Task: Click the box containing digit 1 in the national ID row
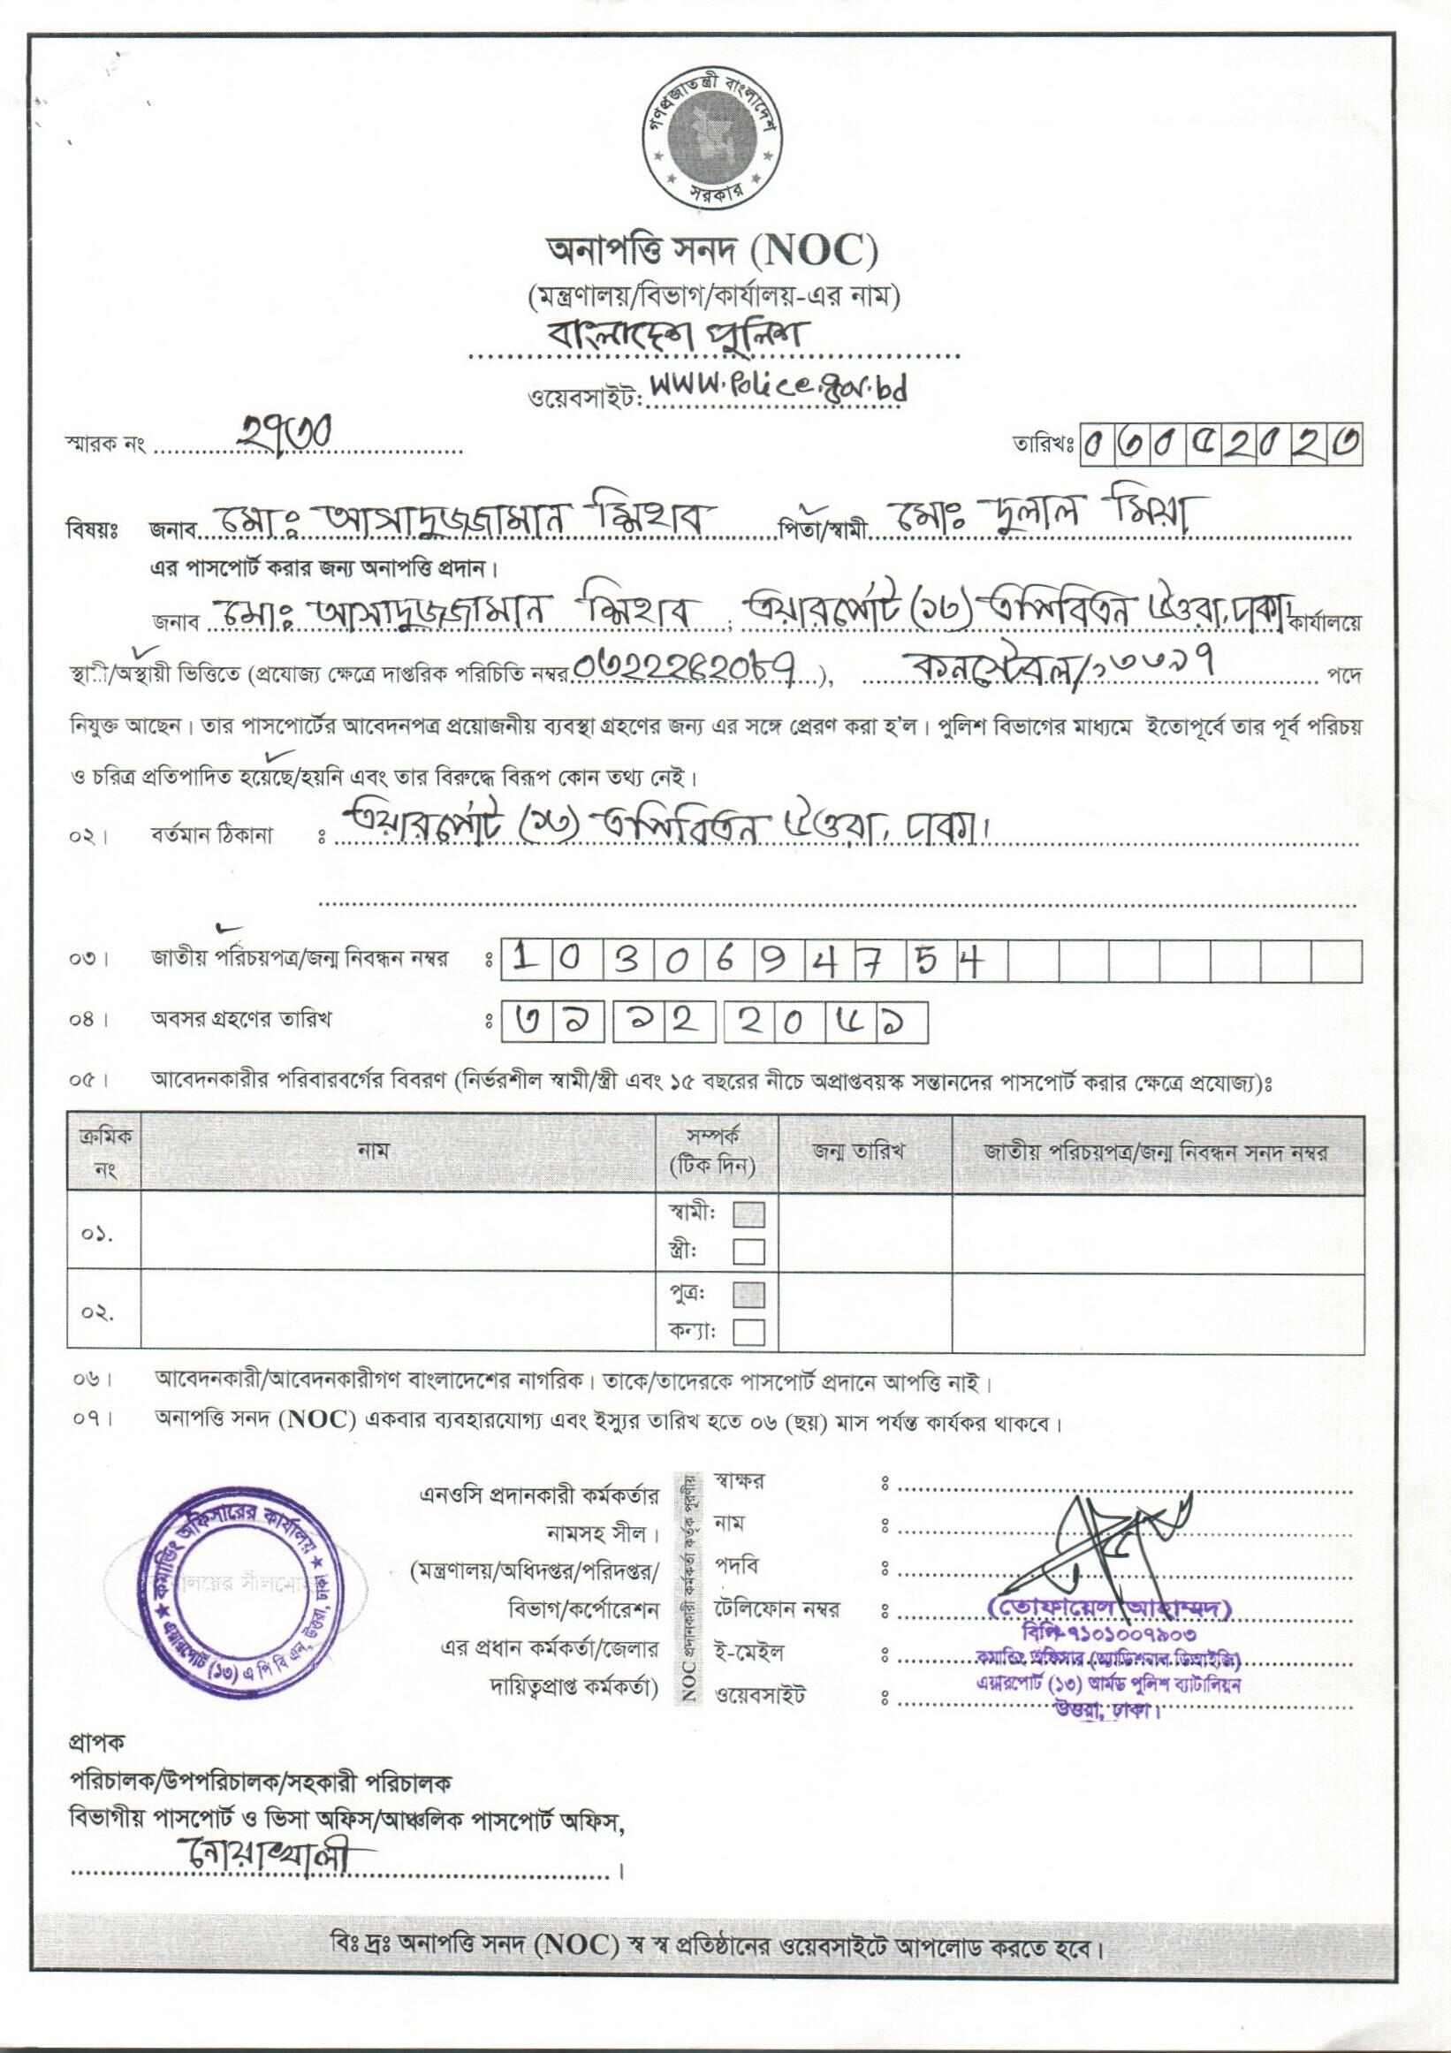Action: [x=525, y=961]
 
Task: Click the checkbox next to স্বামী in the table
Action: [x=748, y=1214]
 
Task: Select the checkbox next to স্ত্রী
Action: [x=748, y=1250]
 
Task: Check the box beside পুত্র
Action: [x=748, y=1295]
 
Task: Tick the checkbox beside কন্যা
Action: [x=748, y=1333]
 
